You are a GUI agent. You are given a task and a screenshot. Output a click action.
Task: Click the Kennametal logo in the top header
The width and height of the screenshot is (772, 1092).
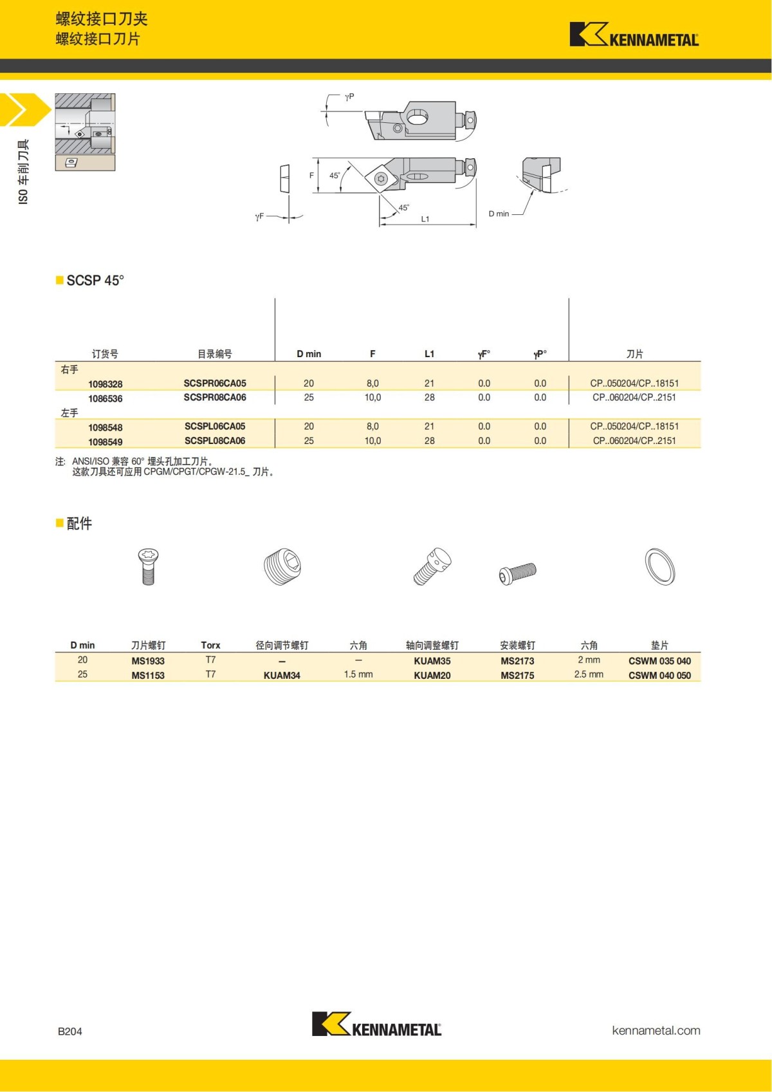(634, 35)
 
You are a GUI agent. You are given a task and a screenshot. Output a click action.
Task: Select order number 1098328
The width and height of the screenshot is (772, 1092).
(106, 384)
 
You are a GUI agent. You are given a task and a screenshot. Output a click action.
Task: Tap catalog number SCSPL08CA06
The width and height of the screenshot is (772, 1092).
(215, 441)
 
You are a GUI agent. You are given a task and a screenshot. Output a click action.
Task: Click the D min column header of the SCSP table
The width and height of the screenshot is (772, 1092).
(309, 354)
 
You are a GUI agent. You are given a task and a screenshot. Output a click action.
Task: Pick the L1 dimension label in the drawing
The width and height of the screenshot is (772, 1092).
(425, 219)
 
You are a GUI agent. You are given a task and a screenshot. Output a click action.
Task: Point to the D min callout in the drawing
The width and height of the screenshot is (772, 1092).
(499, 214)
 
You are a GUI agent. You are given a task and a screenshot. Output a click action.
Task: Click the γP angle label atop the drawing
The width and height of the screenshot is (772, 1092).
(349, 97)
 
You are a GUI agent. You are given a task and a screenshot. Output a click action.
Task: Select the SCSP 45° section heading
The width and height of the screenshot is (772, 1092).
(95, 281)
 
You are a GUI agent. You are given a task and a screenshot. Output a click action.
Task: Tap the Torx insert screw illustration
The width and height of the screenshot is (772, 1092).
(148, 566)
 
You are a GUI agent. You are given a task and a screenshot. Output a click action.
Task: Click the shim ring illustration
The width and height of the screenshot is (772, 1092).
(660, 566)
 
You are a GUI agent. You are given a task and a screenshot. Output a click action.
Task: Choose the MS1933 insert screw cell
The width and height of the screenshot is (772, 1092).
(148, 661)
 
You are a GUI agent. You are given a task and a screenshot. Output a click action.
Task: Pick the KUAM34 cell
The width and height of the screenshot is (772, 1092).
(282, 675)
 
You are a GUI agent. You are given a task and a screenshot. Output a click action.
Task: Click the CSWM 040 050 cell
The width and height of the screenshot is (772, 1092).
(659, 675)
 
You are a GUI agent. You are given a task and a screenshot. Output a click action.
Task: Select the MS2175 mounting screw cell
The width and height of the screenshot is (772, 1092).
(517, 675)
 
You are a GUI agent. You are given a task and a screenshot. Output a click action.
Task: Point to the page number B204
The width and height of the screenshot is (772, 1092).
(70, 1031)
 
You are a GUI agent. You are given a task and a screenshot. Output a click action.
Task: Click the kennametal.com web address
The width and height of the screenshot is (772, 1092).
(656, 1030)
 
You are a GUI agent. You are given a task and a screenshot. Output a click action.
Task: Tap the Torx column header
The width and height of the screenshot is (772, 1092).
(210, 645)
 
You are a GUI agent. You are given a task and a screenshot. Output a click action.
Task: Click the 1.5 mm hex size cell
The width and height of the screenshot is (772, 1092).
(358, 674)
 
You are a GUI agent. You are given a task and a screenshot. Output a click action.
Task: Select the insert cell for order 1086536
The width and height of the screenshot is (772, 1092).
(634, 398)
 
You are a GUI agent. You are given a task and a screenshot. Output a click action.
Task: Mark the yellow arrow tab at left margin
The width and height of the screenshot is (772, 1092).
(24, 109)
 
